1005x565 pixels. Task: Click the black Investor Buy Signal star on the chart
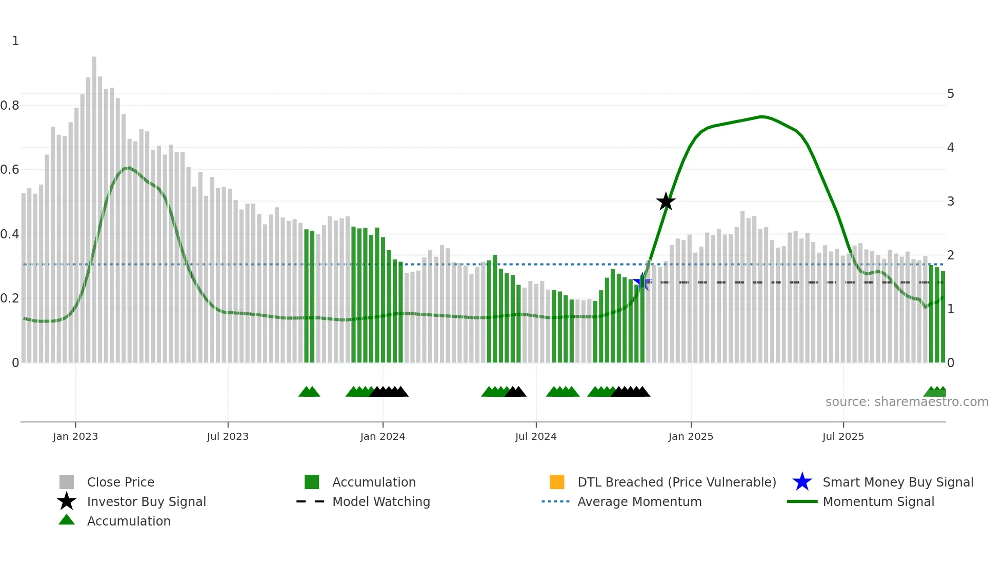(666, 202)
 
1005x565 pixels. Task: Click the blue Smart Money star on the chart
(642, 281)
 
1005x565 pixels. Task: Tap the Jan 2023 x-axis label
(75, 437)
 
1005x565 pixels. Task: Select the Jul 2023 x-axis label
(228, 437)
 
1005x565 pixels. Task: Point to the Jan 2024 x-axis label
(383, 437)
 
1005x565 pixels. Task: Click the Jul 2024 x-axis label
(536, 437)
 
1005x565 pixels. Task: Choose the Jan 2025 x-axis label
(691, 437)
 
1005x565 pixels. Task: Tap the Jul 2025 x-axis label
(843, 437)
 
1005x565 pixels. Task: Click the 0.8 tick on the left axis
(10, 106)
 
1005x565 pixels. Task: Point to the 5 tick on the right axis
(951, 94)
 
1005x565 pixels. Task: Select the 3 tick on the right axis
(951, 201)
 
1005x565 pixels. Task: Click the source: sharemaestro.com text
(907, 402)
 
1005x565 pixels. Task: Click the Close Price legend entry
(120, 482)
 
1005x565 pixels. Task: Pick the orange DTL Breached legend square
(557, 482)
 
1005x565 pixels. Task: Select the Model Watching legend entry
(381, 502)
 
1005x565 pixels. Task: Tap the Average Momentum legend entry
(639, 502)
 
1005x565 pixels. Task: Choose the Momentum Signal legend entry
(878, 502)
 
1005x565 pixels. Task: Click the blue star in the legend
(802, 482)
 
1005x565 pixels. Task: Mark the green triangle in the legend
(67, 520)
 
